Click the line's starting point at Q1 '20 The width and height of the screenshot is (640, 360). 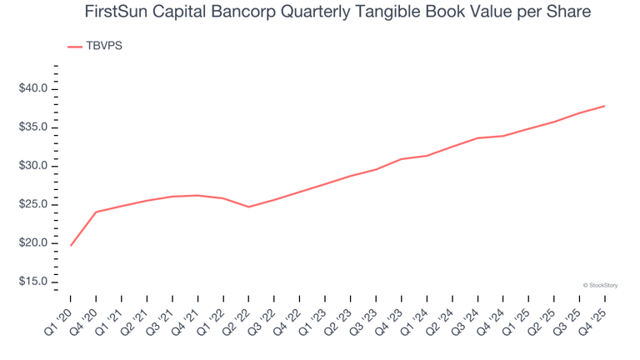(x=71, y=245)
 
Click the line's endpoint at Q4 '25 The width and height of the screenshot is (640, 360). (x=604, y=106)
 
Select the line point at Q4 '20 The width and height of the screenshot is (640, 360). (x=96, y=212)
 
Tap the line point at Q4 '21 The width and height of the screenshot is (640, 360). (x=197, y=195)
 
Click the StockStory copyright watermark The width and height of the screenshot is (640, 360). (x=600, y=285)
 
